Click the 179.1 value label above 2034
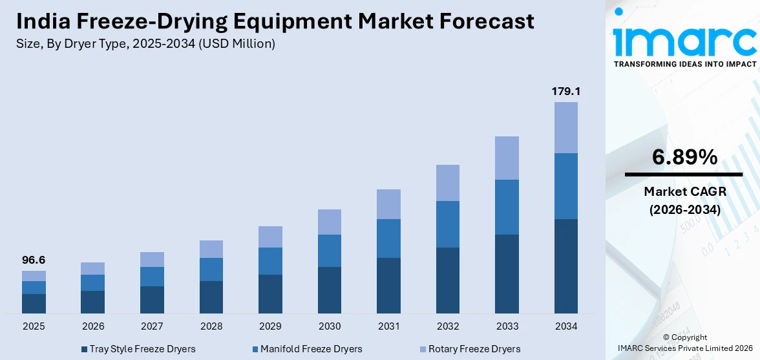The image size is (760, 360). pos(565,91)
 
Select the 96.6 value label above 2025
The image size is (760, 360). pos(34,260)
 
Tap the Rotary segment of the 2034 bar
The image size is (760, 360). pos(565,127)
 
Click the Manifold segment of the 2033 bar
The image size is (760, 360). pos(507,207)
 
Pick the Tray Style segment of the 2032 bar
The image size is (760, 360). pos(447,281)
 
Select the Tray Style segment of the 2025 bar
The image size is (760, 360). pos(34,304)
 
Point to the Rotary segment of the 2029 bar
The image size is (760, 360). pos(270,237)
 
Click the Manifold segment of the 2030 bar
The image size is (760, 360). pos(329,251)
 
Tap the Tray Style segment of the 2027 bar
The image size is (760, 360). pos(152,300)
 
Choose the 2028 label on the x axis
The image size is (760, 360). pos(211,326)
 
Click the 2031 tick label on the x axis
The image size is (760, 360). pos(388,326)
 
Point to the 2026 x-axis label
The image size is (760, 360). pos(93,326)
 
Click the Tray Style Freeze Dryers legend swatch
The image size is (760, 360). pos(85,349)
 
